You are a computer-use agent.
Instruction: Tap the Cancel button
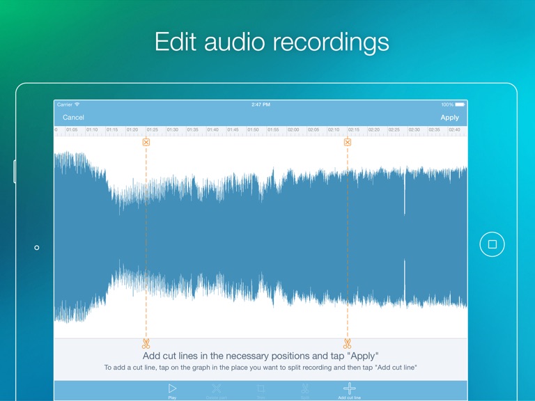click(x=73, y=118)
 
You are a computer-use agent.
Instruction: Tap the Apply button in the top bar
click(x=449, y=118)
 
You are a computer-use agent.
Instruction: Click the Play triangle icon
click(x=172, y=388)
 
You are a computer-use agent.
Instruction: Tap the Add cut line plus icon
click(x=350, y=388)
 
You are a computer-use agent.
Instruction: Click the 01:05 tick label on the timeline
click(x=72, y=129)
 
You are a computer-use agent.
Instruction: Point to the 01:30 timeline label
click(x=173, y=129)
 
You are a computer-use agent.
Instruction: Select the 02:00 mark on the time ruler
click(x=293, y=129)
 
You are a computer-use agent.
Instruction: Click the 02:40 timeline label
click(x=454, y=129)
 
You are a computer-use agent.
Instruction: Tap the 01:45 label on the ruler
click(x=233, y=129)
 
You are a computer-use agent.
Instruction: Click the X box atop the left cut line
click(x=146, y=142)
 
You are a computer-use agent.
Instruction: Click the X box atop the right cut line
click(x=348, y=142)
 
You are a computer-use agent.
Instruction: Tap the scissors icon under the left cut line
click(x=146, y=344)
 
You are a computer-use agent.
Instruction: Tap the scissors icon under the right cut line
click(x=347, y=344)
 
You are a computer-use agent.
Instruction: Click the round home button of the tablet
click(x=492, y=244)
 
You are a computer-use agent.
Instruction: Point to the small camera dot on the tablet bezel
click(x=37, y=247)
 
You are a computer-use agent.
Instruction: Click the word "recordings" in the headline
click(x=331, y=42)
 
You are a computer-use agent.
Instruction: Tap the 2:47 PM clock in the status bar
click(x=261, y=104)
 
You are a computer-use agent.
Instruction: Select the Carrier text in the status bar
click(x=65, y=104)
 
